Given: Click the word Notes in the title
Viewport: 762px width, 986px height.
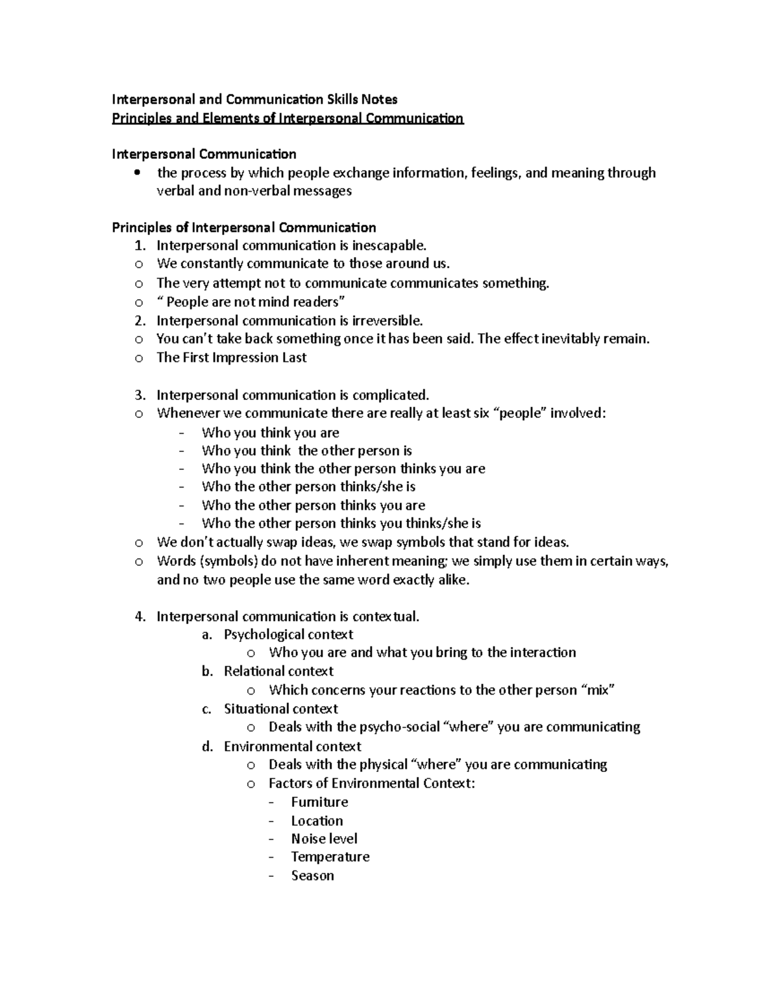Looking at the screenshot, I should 380,99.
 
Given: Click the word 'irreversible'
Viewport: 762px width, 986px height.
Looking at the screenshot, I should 391,321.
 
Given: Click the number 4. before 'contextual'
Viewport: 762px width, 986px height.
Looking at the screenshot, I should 140,616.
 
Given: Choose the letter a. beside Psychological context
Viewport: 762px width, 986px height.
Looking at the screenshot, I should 206,635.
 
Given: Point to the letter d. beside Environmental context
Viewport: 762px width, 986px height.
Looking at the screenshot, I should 207,747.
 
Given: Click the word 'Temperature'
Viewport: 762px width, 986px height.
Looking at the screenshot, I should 330,857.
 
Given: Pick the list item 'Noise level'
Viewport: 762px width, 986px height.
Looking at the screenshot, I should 324,839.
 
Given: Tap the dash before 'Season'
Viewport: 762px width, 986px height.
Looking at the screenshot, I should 272,876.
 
